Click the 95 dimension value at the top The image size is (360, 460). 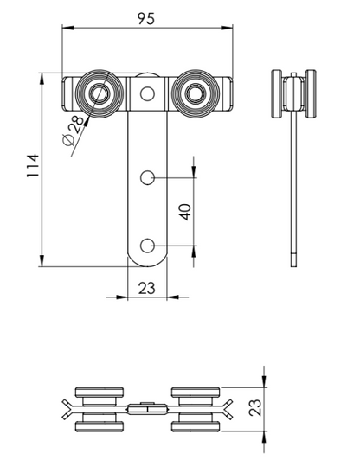147,19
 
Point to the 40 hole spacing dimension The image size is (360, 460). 184,211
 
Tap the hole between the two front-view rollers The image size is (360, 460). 147,93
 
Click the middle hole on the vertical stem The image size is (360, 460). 147,178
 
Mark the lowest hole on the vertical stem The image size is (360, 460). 147,246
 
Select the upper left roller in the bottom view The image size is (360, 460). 96,392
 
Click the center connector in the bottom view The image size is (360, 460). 146,407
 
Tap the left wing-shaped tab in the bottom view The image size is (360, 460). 68,407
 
